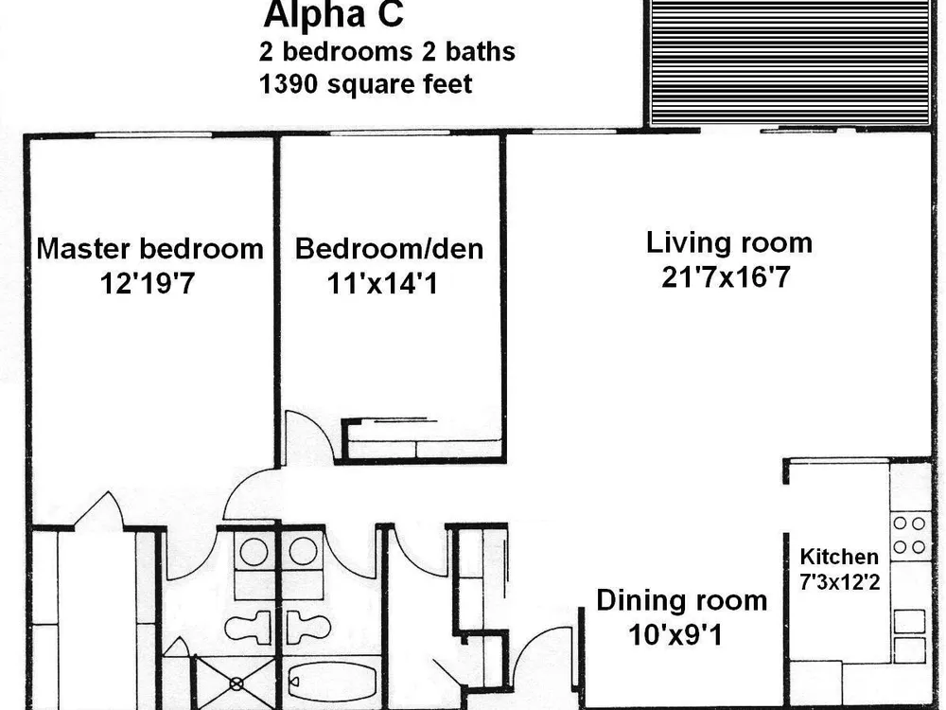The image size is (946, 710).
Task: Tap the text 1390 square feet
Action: point(365,84)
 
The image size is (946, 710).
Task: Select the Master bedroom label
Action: point(150,249)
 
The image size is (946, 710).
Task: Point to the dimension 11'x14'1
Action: point(382,283)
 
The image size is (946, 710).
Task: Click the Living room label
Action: point(729,242)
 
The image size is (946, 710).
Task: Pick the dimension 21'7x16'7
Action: point(726,277)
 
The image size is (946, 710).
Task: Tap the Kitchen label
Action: point(839,556)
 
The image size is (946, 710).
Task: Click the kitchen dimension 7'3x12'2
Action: point(839,582)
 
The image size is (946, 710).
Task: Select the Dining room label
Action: point(682,601)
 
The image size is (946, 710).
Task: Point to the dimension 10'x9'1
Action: point(675,635)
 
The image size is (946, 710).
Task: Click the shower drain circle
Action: point(236,684)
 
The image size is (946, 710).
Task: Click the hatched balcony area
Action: point(791,62)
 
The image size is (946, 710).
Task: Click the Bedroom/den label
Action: point(389,249)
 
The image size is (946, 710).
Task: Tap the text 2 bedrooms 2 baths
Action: point(387,52)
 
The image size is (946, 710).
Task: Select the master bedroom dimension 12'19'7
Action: point(148,283)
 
